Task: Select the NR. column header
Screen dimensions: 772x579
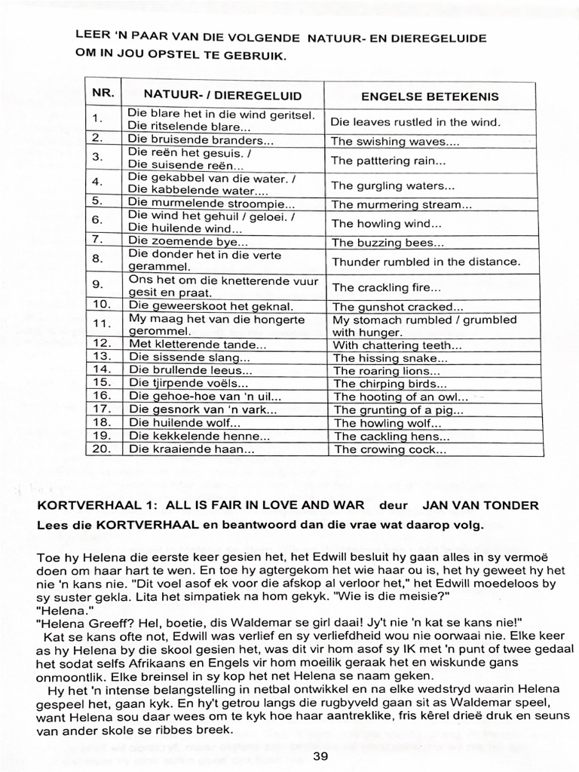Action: pyautogui.click(x=103, y=93)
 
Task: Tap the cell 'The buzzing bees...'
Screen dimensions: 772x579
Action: pyautogui.click(x=388, y=243)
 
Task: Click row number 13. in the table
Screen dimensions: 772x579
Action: pyautogui.click(x=102, y=357)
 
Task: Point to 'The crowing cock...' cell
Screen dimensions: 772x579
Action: pyautogui.click(x=391, y=450)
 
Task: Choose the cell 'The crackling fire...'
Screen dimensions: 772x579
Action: pyautogui.click(x=387, y=287)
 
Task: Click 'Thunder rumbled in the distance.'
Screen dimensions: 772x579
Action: pyautogui.click(x=426, y=262)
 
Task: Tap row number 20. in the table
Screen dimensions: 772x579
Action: pyautogui.click(x=102, y=449)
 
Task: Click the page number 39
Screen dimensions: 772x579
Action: pyautogui.click(x=320, y=757)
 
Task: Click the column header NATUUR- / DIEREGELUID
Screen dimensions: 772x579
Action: pyautogui.click(x=222, y=95)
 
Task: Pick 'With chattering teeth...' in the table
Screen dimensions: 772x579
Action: pyautogui.click(x=397, y=345)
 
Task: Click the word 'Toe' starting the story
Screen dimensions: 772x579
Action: pyautogui.click(x=46, y=557)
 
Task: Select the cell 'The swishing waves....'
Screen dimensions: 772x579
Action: pyautogui.click(x=395, y=141)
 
